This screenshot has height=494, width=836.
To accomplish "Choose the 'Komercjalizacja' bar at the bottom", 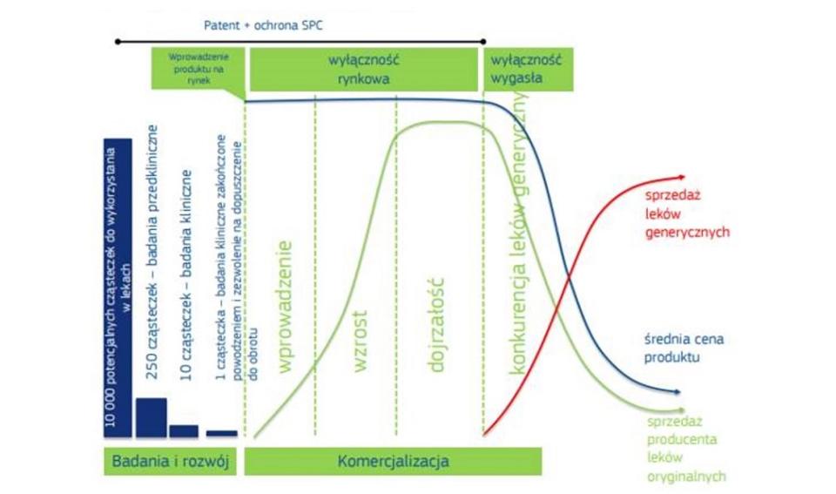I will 392,461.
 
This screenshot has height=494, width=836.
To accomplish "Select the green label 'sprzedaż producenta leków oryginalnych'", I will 686,449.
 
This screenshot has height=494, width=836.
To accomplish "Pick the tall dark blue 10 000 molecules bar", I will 117,288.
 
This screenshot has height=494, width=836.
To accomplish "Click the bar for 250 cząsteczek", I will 151,416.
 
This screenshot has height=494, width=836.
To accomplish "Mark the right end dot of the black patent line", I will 484,41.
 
